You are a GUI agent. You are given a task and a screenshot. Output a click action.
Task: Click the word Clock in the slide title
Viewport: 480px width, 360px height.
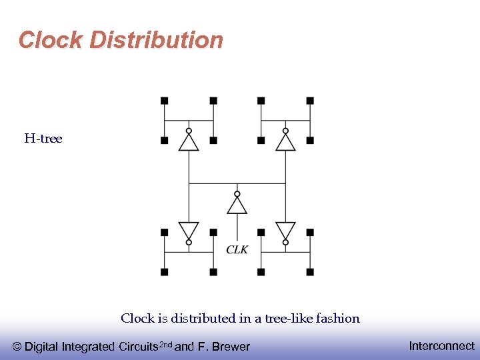click(51, 40)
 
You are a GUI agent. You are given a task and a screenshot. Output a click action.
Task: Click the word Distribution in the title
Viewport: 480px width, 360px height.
click(156, 40)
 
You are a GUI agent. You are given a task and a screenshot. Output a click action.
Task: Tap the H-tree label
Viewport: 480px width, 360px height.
click(43, 139)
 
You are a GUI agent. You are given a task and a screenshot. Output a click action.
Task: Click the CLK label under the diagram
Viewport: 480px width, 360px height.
click(237, 249)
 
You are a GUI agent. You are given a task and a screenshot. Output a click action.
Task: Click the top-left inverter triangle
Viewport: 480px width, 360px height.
click(189, 142)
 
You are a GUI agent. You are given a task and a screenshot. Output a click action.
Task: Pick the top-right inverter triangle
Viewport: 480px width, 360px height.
click(285, 142)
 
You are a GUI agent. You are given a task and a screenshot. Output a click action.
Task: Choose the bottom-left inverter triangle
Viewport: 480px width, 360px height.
click(189, 230)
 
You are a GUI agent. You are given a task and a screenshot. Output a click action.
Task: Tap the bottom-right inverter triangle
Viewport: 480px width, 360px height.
click(285, 230)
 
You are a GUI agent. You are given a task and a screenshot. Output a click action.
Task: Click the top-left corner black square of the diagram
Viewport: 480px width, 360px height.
click(165, 101)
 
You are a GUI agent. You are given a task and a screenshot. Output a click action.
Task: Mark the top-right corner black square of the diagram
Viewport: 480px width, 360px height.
click(310, 101)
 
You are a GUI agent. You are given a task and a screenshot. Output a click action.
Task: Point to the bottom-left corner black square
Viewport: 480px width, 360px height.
click(165, 272)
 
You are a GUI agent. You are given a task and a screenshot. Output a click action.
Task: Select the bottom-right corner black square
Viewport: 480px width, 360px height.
click(310, 272)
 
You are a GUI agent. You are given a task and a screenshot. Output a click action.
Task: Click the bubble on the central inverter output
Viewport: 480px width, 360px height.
click(237, 194)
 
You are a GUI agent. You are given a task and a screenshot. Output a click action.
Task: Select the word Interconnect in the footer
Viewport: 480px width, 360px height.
click(441, 346)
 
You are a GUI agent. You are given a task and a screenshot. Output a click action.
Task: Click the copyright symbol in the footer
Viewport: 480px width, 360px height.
click(17, 347)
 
